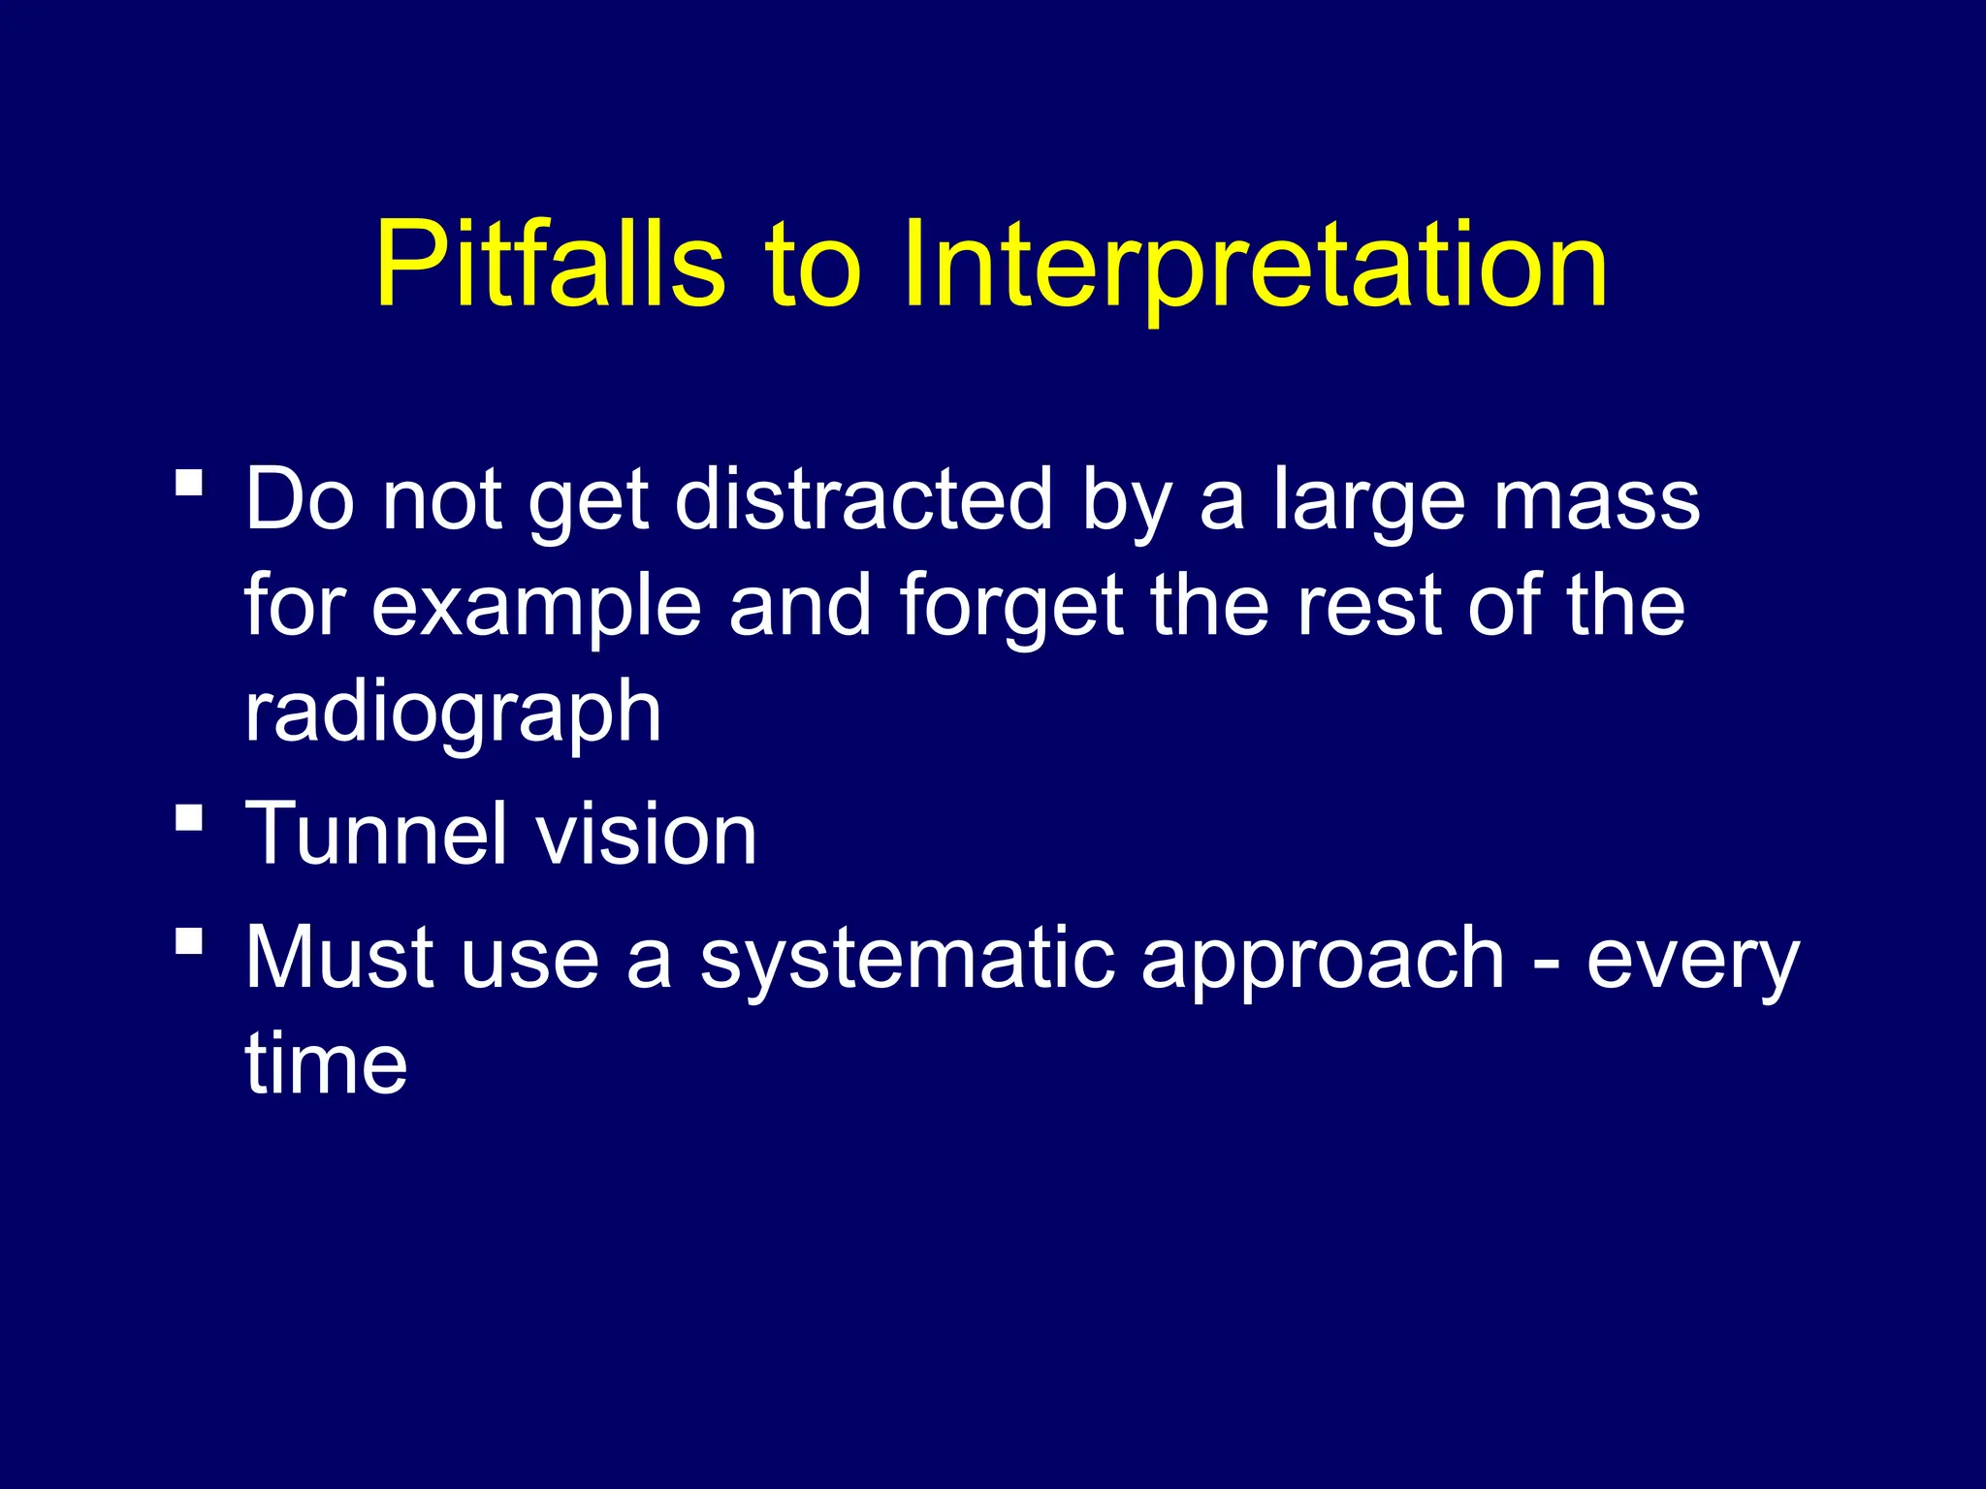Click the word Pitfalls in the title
point(550,264)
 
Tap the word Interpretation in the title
point(1255,264)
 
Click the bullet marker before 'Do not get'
point(190,483)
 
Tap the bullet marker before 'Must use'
point(190,940)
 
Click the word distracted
point(863,500)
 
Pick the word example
point(536,607)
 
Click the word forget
point(1011,607)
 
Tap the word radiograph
point(453,713)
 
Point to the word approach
point(1323,960)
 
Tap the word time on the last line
point(326,1063)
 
